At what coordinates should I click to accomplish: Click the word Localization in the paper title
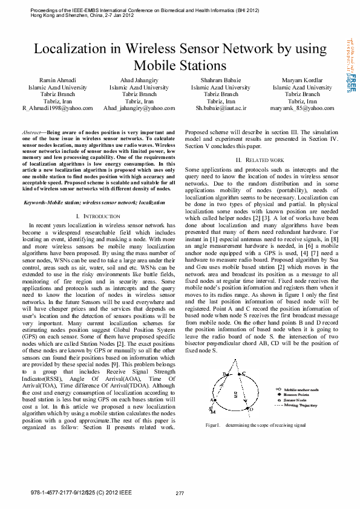click(x=71, y=49)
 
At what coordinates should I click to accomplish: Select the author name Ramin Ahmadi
click(x=57, y=80)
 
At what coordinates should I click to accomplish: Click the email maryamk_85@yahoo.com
click(x=302, y=108)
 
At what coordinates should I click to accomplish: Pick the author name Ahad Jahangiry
click(x=139, y=80)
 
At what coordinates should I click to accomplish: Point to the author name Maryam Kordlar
click(x=302, y=80)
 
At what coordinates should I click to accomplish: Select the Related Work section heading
click(x=260, y=160)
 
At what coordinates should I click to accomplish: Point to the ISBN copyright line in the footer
click(x=80, y=493)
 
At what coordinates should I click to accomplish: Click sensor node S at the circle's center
click(x=234, y=393)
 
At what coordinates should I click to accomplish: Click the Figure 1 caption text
click(x=255, y=426)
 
